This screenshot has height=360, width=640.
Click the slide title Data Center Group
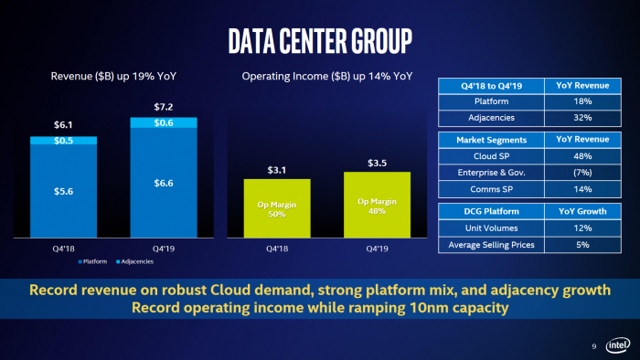pyautogui.click(x=319, y=41)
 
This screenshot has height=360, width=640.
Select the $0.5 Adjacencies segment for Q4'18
pyautogui.click(x=62, y=140)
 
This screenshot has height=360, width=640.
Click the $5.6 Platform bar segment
pyautogui.click(x=62, y=190)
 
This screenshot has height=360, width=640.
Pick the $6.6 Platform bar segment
pyautogui.click(x=163, y=184)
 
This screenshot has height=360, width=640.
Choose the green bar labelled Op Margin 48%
pyautogui.click(x=377, y=206)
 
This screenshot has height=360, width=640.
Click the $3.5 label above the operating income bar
pyautogui.click(x=377, y=163)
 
